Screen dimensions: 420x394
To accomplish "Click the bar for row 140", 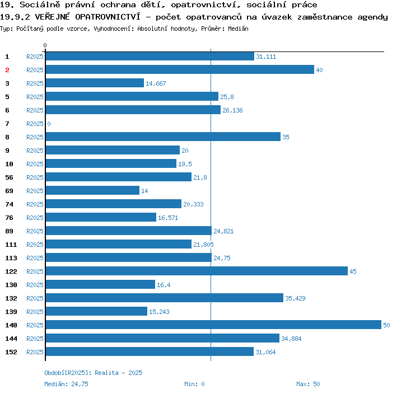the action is pyautogui.click(x=213, y=325).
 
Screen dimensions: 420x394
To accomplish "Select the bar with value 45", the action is pyautogui.click(x=197, y=271).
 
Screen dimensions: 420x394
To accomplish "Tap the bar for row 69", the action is pyautogui.click(x=92, y=190).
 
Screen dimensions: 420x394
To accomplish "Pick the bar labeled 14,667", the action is pyautogui.click(x=95, y=83).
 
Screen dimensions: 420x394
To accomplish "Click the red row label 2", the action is pyautogui.click(x=7, y=70).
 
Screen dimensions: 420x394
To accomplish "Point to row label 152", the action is pyautogui.click(x=11, y=352).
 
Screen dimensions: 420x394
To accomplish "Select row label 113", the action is pyautogui.click(x=11, y=258).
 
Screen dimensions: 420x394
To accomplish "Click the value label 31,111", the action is pyautogui.click(x=266, y=57).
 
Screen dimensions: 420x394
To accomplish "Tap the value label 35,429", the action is pyautogui.click(x=295, y=298).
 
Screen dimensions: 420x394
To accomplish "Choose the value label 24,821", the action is pyautogui.click(x=223, y=231).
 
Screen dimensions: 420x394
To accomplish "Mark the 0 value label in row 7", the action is pyautogui.click(x=49, y=124).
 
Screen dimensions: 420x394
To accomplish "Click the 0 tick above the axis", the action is pyautogui.click(x=45, y=45).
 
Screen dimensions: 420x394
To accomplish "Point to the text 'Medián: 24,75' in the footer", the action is pyautogui.click(x=66, y=384).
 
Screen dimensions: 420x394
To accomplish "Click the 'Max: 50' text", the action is pyautogui.click(x=308, y=384).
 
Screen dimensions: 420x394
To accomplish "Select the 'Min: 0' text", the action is pyautogui.click(x=194, y=384).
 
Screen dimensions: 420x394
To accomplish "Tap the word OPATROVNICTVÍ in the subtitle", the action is pyautogui.click(x=108, y=17).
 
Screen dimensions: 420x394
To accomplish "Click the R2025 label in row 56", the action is pyautogui.click(x=35, y=177).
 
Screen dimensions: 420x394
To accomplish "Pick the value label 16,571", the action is pyautogui.click(x=168, y=218).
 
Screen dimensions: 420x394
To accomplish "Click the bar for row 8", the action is pyautogui.click(x=163, y=137).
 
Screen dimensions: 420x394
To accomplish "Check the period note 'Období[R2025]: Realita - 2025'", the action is pyautogui.click(x=93, y=373).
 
